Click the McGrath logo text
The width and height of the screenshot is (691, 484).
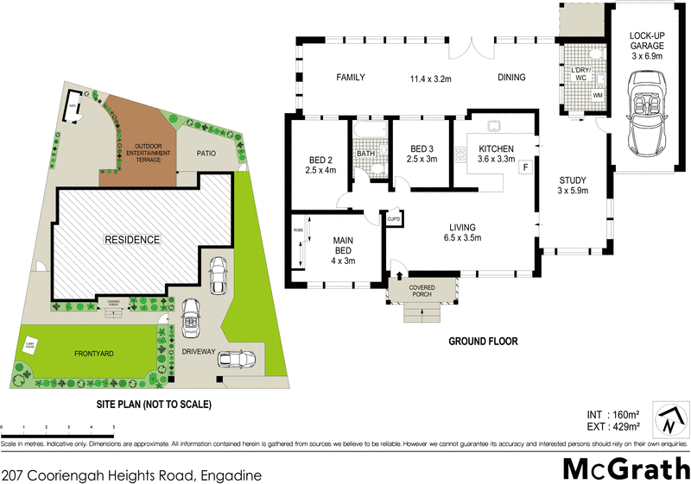pos(620,469)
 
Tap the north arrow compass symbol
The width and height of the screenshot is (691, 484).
pos(669,420)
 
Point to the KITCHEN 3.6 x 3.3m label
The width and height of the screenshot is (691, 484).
pos(496,154)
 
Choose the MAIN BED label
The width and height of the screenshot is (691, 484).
pos(343,249)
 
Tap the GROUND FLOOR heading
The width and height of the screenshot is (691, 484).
pos(483,342)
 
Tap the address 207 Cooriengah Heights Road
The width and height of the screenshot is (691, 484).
pos(131,474)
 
